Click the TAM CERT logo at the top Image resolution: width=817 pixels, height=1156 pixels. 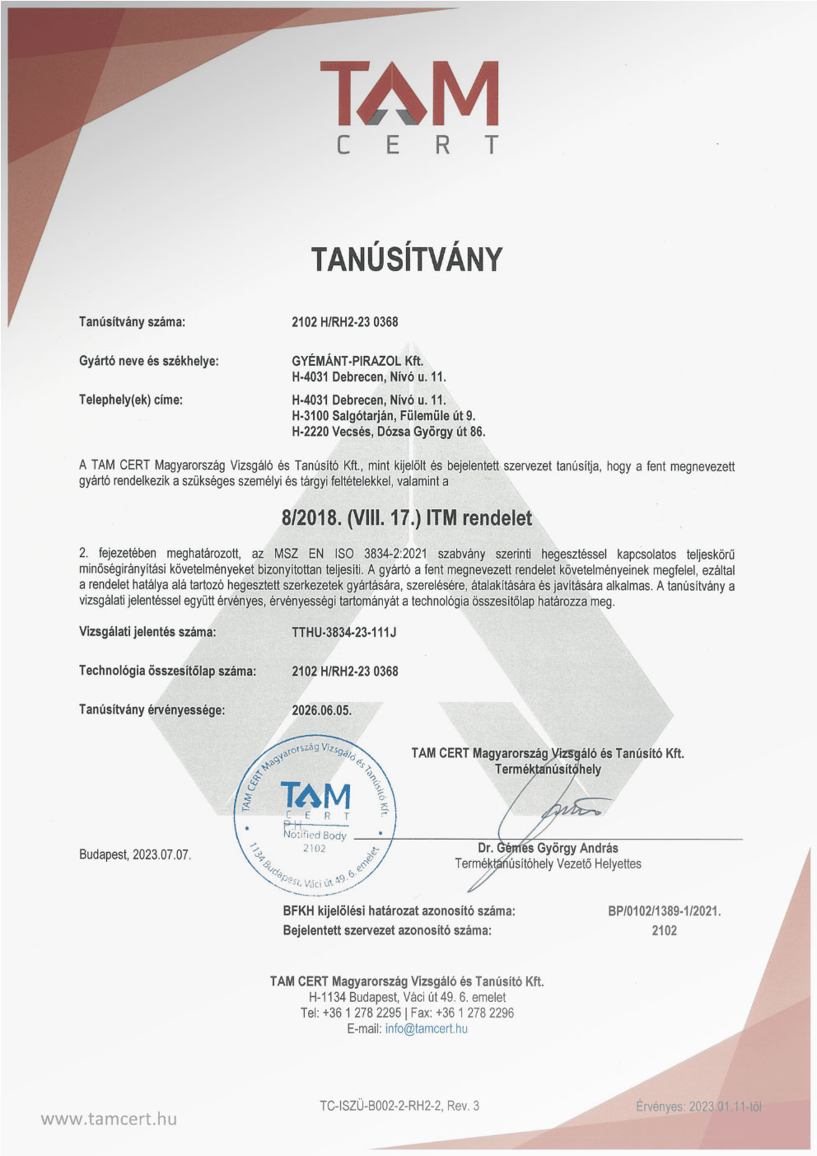point(408,106)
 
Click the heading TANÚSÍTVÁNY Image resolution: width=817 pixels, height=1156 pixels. point(407,260)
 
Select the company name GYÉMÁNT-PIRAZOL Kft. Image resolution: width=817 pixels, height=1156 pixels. point(357,361)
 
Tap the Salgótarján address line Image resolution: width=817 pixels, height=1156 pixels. point(383,416)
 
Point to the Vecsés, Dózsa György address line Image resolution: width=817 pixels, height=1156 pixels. point(388,432)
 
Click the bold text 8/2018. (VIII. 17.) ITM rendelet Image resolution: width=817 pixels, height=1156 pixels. point(407,518)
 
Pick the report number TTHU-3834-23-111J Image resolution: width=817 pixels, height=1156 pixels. point(343,633)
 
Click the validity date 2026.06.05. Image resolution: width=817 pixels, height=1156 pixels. point(321,710)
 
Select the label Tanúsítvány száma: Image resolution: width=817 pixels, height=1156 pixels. point(132,322)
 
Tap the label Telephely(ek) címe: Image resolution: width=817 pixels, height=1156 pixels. point(131,400)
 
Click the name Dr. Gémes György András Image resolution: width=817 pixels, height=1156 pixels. point(548,848)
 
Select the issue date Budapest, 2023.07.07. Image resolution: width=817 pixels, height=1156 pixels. point(135,855)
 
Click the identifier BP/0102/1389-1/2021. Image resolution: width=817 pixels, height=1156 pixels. point(664,911)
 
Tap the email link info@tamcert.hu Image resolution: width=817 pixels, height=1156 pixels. point(426,1029)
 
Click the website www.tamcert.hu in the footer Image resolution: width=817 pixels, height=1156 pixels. point(109,1119)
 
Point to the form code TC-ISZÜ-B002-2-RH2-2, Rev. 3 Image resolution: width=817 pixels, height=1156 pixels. point(399,1106)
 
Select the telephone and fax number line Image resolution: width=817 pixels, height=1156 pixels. point(407,1013)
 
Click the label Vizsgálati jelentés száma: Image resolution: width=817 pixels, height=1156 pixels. point(147,633)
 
